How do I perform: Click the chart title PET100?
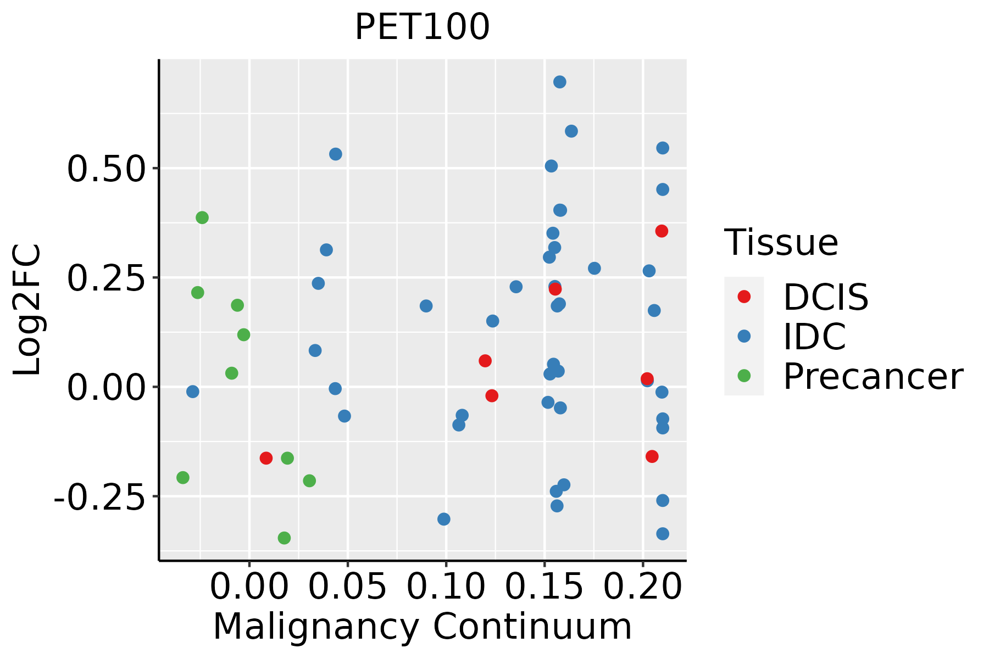pos(422,27)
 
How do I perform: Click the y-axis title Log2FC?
pos(27,310)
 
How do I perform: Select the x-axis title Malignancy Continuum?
pos(422,627)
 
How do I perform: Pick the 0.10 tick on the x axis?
pos(446,587)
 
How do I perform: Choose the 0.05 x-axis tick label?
pos(347,587)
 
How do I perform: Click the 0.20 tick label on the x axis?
pos(643,587)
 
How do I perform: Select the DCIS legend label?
pos(825,297)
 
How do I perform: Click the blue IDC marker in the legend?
pos(744,336)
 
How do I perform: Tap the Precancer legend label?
pos(873,377)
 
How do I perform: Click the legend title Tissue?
pos(781,242)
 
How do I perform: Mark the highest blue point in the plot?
pos(560,82)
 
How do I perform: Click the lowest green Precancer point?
pos(284,538)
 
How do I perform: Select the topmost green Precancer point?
pos(202,217)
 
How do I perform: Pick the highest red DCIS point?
pos(662,231)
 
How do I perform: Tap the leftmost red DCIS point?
pos(266,458)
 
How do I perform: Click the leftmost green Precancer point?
pos(183,478)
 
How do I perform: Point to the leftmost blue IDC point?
pos(192,392)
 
